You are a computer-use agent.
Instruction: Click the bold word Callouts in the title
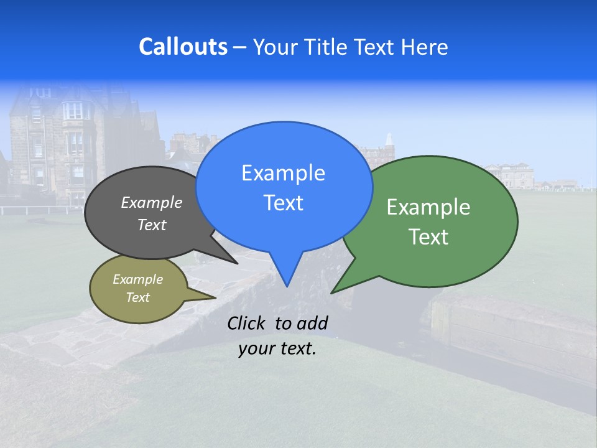tap(183, 47)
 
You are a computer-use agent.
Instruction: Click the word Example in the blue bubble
tap(283, 173)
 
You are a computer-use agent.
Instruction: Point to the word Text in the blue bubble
tap(283, 203)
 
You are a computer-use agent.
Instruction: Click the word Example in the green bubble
tap(428, 207)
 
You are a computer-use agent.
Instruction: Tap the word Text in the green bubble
tap(428, 237)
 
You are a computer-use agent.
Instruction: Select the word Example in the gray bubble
tap(152, 202)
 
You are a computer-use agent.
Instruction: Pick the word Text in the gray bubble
tap(152, 225)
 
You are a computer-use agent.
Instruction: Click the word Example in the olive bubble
tap(137, 279)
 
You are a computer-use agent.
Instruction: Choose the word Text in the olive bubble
tap(137, 297)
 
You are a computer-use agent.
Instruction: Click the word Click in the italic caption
tap(248, 323)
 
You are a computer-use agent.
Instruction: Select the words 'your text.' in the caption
tap(277, 348)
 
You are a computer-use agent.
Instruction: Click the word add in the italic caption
tap(312, 323)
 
